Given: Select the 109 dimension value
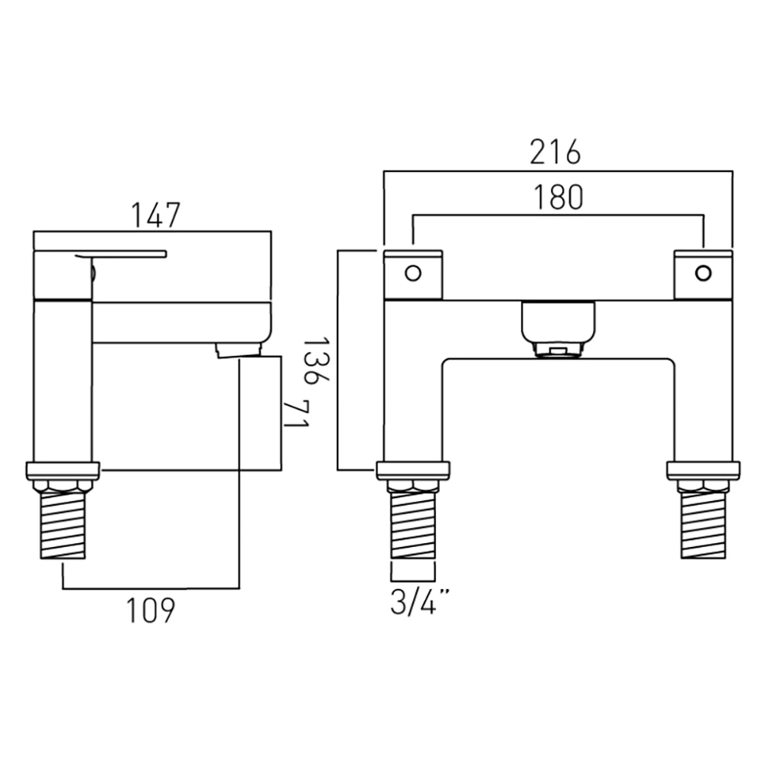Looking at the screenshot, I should click(x=151, y=610).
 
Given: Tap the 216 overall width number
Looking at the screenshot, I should click(x=556, y=152).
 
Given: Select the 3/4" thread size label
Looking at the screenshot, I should click(x=418, y=603).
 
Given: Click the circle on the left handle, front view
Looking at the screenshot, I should click(x=413, y=272).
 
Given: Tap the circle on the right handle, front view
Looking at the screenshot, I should click(x=703, y=272).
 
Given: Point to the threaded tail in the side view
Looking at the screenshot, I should click(x=63, y=528).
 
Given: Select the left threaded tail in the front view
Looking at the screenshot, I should click(x=413, y=528).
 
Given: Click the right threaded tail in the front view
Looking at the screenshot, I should click(x=703, y=528).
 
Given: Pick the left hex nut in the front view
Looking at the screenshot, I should click(x=413, y=487).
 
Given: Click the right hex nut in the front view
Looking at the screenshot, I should click(x=703, y=487).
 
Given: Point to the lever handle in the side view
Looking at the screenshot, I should click(x=122, y=255).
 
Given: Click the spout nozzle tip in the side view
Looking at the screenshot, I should click(x=239, y=350).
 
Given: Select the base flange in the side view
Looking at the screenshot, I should click(x=63, y=470).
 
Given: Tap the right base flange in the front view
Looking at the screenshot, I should click(x=703, y=470).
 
